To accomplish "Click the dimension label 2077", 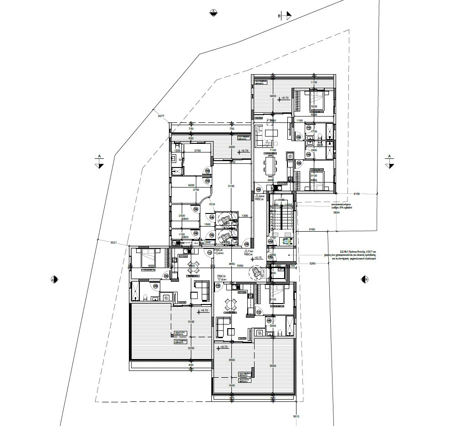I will [x=161, y=117].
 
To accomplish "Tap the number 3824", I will [x=337, y=213].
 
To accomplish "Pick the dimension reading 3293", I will [x=313, y=264].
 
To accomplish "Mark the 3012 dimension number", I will [x=296, y=416].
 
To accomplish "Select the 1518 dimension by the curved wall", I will [x=211, y=205].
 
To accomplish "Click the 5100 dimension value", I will [x=231, y=186].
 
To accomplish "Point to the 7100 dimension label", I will [x=273, y=150].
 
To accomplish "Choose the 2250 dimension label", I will [x=191, y=348].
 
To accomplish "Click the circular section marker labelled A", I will [x=213, y=12].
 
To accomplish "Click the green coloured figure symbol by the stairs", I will [x=287, y=242].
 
